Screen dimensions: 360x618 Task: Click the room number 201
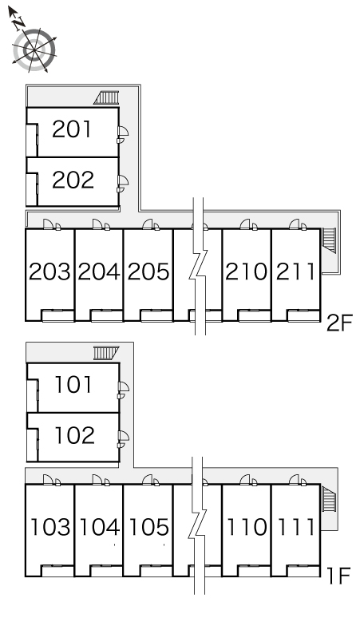point(72,129)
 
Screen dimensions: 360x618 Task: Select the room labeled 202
point(73,180)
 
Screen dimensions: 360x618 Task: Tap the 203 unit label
point(49,271)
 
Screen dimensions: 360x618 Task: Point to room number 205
point(148,271)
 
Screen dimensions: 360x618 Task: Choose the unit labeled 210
point(246,271)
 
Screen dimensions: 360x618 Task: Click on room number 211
point(295,271)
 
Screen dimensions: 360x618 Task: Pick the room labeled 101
point(73,385)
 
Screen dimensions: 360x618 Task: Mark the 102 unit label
point(74,435)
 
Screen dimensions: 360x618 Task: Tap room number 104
point(100,527)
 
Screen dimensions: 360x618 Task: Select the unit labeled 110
point(247,527)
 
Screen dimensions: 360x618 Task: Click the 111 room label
point(296,527)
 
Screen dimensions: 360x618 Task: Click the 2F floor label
point(339,323)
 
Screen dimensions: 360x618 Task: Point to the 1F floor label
point(339,576)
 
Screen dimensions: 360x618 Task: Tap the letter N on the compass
point(18,24)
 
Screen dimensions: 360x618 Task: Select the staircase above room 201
point(106,97)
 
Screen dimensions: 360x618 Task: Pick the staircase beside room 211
point(329,240)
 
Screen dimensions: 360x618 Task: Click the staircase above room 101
point(106,353)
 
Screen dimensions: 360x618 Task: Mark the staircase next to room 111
point(329,499)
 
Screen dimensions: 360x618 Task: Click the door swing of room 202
point(123,181)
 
